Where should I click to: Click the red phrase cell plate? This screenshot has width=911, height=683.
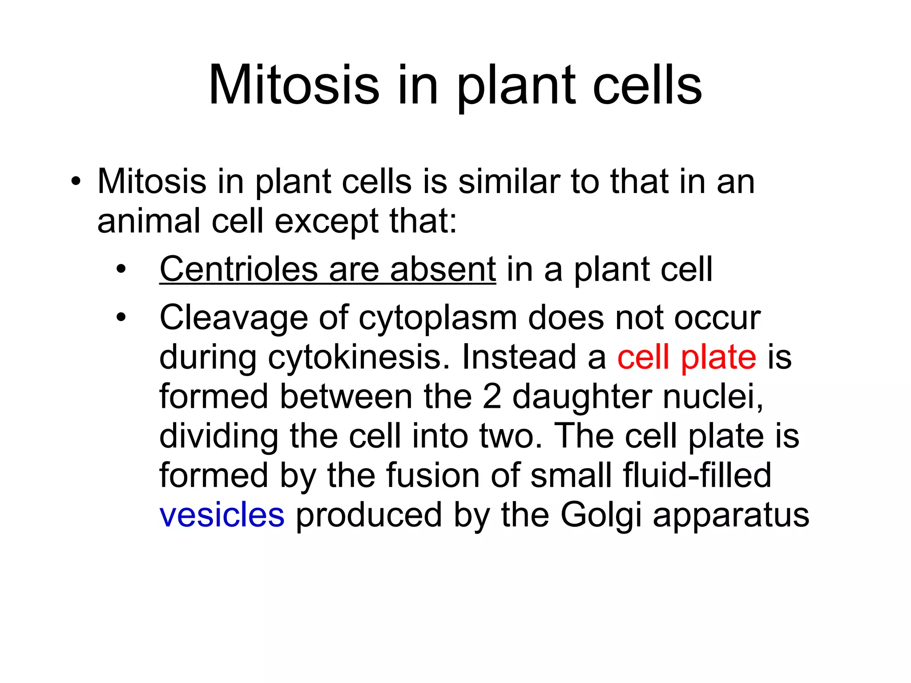point(686,357)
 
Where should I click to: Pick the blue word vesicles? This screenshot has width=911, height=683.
point(222,515)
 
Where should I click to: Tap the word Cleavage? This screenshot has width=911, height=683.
point(234,318)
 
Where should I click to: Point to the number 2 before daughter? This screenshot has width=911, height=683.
point(492,396)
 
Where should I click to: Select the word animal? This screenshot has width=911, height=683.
point(149,221)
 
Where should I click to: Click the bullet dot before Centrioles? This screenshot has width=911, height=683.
point(121,269)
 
